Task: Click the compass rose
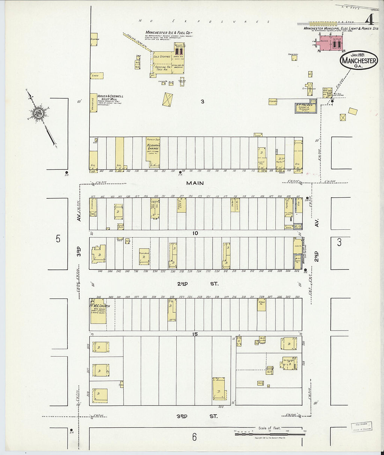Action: tap(38, 113)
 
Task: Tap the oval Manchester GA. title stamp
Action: tap(359, 60)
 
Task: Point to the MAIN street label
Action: tap(195, 183)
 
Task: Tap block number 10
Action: tap(195, 233)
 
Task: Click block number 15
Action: tap(195, 334)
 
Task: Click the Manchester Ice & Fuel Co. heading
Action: tap(169, 33)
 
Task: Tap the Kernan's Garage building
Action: tap(153, 153)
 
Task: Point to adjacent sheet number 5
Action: tap(58, 239)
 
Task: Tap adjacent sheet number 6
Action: tap(194, 437)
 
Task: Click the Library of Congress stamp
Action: tap(361, 427)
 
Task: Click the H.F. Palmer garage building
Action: tap(306, 108)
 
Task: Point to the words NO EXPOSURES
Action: tap(204, 21)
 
